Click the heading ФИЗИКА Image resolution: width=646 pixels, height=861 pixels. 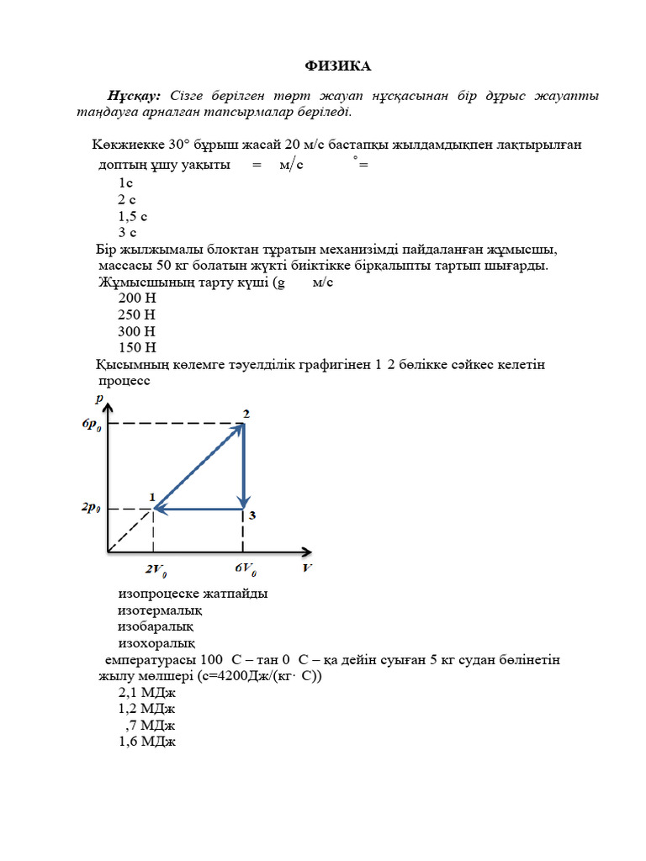(336, 66)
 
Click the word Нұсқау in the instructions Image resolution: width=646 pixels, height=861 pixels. (134, 96)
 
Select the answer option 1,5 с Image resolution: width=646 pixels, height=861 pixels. (133, 216)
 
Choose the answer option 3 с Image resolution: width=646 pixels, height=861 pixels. (127, 232)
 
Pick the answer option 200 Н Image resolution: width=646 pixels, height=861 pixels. (137, 298)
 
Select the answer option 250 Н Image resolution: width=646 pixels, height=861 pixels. (137, 314)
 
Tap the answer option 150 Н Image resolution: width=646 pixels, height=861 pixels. (137, 347)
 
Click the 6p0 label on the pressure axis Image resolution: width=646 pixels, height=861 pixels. (92, 425)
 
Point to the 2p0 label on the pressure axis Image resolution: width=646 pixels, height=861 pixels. (92, 509)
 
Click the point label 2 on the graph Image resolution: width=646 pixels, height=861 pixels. (246, 413)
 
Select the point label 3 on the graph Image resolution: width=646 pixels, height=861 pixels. (252, 515)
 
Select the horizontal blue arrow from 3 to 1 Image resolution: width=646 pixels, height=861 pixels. (199, 509)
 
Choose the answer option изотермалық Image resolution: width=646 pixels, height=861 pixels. (159, 610)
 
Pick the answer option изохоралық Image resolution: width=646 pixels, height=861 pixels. (156, 643)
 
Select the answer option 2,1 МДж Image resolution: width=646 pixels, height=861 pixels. (147, 693)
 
